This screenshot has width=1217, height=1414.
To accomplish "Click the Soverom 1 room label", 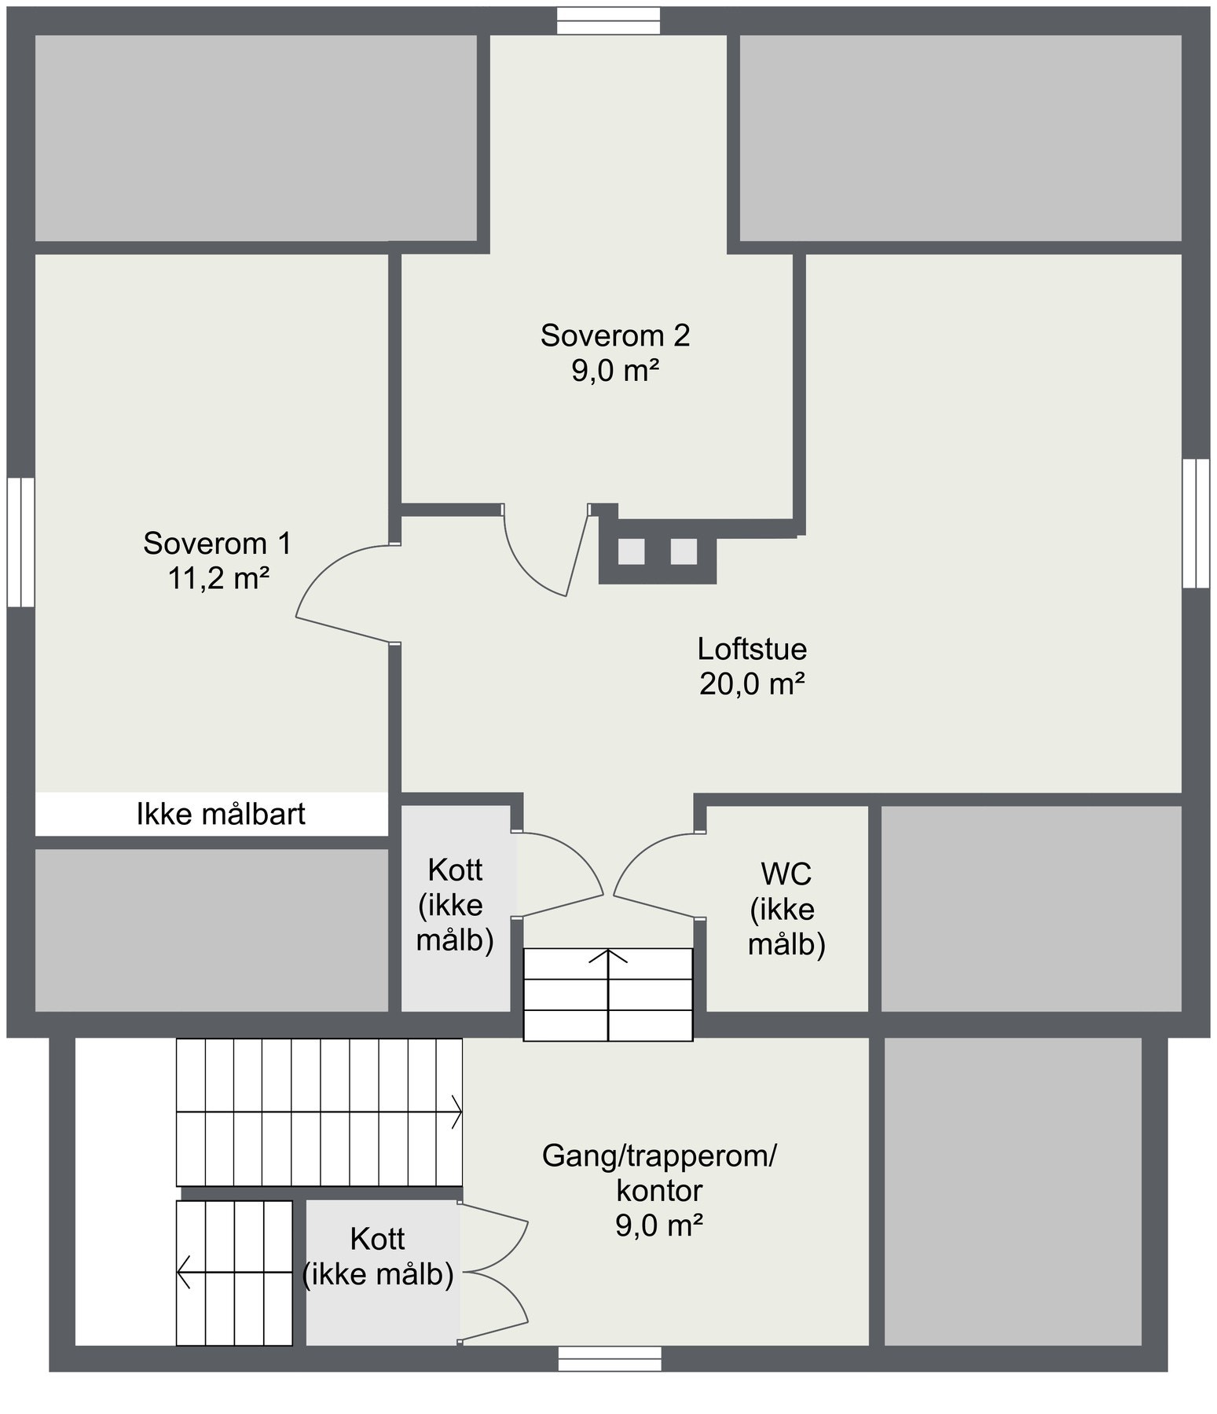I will tap(217, 544).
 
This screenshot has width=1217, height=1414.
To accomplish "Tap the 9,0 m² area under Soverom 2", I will tap(614, 370).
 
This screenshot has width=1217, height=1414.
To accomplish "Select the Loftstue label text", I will tap(752, 650).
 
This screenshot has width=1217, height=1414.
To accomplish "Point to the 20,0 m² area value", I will tap(752, 684).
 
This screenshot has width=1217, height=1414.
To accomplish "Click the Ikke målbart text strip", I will tap(221, 815).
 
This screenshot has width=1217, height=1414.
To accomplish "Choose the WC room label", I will tap(786, 873).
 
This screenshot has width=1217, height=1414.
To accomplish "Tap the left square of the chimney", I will tap(631, 552).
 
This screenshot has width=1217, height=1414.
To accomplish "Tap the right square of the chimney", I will tap(684, 552).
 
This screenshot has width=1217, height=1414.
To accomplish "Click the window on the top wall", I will tap(608, 21).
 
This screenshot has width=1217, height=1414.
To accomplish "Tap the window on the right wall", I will tap(1196, 523).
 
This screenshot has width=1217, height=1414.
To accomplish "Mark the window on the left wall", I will tap(21, 542).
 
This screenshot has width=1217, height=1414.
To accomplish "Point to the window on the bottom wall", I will tap(609, 1359).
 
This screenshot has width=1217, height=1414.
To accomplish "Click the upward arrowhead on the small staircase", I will tap(608, 955).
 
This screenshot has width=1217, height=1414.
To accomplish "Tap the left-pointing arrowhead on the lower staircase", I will tap(184, 1272).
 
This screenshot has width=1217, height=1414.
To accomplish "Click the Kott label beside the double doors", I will tap(378, 1239).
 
